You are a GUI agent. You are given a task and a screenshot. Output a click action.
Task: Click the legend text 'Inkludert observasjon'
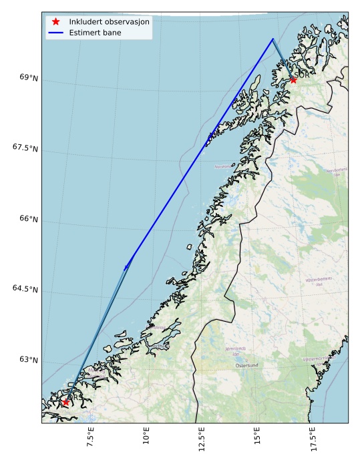[x=109, y=21]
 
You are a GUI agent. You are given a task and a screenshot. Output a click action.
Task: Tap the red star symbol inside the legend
[x=56, y=21]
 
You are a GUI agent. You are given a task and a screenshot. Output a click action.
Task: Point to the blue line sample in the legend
[x=56, y=32]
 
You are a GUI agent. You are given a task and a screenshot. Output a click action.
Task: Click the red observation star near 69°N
[x=293, y=79]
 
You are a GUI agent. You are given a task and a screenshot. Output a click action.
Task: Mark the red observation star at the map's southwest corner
[x=65, y=402]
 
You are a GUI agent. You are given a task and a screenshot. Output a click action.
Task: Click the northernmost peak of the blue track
[x=273, y=39]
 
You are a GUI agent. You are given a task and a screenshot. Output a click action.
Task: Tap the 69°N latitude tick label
[x=29, y=77]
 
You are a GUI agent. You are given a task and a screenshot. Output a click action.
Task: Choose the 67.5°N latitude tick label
[x=25, y=148]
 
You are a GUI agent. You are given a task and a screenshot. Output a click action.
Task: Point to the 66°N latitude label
[x=29, y=218]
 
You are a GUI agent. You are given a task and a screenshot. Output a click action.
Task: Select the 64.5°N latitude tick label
[x=25, y=288]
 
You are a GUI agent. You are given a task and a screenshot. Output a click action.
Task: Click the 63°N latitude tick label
[x=29, y=359]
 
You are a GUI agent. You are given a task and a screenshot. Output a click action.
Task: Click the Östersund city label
[x=247, y=365]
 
